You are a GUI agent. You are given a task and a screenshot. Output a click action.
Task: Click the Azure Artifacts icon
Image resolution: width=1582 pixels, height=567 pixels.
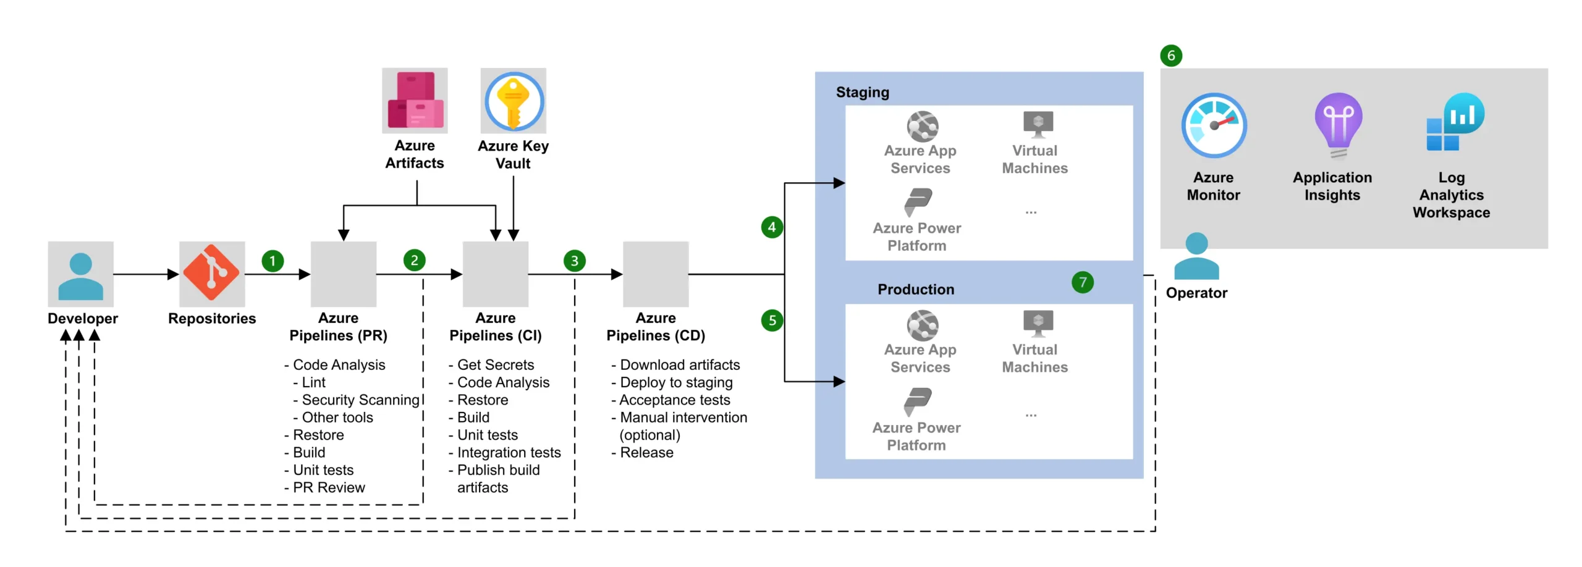pos(415,101)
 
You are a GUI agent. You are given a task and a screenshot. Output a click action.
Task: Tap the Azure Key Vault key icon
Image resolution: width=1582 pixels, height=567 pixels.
pos(513,101)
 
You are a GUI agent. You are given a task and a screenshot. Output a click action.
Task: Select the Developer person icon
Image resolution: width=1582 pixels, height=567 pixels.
pos(80,275)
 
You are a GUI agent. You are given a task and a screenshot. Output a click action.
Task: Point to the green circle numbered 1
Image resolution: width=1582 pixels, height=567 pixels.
pos(273,261)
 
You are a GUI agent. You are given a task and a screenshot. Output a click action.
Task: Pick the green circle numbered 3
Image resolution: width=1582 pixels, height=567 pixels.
pos(574,261)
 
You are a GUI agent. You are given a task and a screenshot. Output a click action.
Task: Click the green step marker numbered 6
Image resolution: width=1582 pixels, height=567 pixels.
pos(1170,56)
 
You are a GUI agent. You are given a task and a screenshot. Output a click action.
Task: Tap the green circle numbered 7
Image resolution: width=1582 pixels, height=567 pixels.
pos(1082,282)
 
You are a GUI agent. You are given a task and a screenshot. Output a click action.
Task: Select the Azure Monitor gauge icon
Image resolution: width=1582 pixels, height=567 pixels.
pos(1214,126)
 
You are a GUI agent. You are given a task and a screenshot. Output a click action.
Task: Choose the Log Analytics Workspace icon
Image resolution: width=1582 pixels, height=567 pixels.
pos(1454,123)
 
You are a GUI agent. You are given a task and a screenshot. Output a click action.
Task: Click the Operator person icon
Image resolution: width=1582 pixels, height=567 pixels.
pos(1196,256)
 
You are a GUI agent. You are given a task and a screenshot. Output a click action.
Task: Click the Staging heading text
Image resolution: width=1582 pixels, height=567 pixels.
pos(862,93)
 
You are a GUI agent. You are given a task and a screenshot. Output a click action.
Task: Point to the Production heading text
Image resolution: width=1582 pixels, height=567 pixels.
pos(915,290)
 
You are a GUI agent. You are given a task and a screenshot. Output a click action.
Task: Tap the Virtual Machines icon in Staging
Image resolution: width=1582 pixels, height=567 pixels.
pos(1038,124)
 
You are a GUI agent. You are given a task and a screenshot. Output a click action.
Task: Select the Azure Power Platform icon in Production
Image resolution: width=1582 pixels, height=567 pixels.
pos(918,402)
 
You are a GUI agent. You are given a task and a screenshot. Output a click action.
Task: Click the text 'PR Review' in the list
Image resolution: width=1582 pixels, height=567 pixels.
pos(329,488)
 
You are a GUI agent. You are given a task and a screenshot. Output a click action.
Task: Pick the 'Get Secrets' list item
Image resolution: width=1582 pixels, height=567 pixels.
pos(495,365)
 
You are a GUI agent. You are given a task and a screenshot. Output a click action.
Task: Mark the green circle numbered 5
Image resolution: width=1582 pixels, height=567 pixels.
pos(772,321)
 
